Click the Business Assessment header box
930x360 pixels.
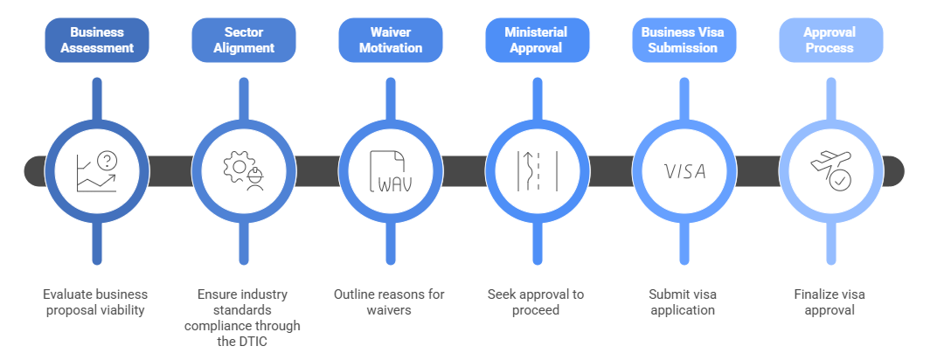coord(97,39)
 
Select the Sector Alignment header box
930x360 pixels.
coord(244,39)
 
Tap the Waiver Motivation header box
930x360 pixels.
coord(391,39)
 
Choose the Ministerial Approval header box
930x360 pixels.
coord(538,39)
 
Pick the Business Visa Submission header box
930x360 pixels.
coord(684,39)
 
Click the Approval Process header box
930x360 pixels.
coord(830,39)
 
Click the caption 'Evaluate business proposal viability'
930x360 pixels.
coord(97,301)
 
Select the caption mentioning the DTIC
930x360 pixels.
coord(244,317)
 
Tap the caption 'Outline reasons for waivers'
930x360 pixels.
coord(391,301)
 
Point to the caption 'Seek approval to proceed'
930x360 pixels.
coord(538,301)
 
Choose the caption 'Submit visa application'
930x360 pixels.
coord(684,301)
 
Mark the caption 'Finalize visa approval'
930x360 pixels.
coord(830,301)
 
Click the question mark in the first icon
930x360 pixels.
coord(108,160)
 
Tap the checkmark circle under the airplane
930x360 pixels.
coord(840,181)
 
